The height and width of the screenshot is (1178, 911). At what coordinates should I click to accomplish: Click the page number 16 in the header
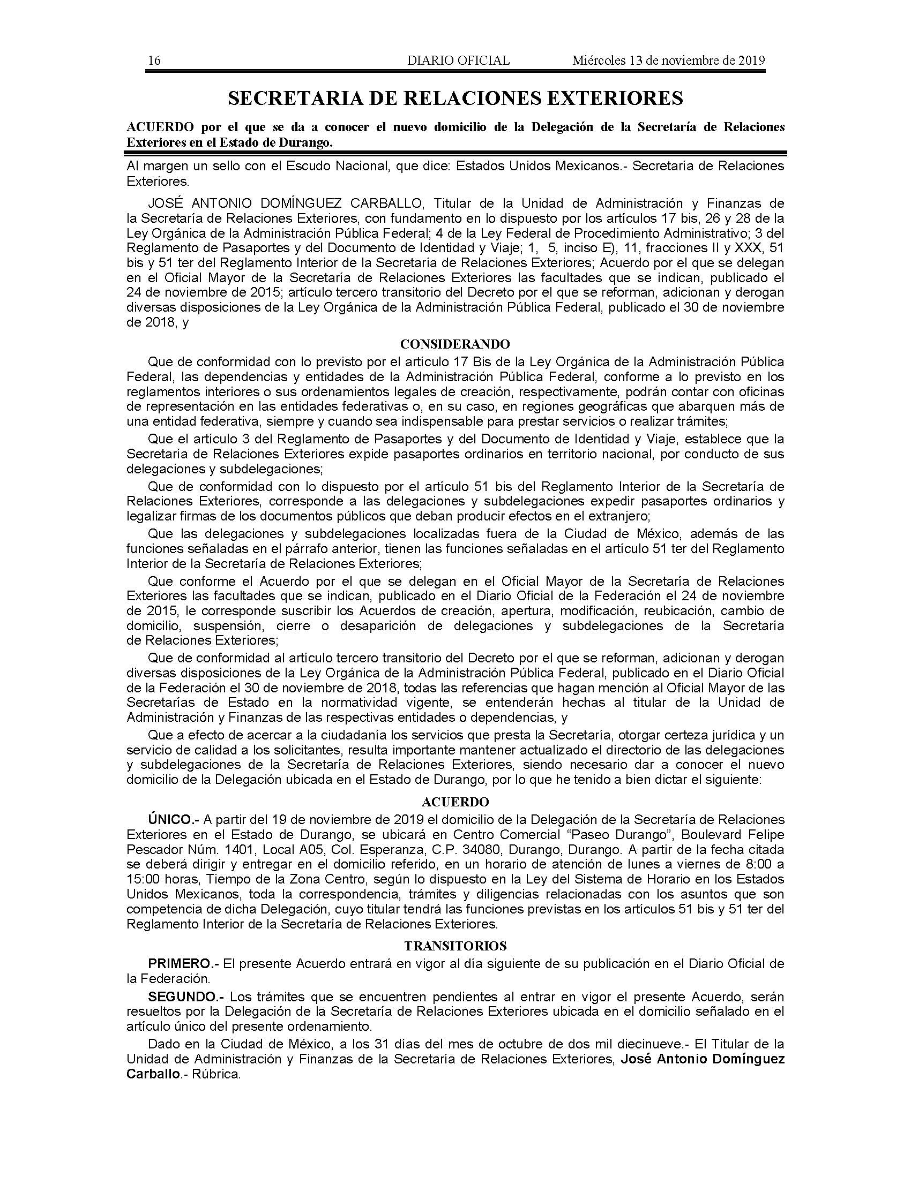coord(154,61)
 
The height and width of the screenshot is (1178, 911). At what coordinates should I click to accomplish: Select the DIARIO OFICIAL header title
coord(458,61)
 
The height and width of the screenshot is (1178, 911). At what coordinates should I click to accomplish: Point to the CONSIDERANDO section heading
coord(455,344)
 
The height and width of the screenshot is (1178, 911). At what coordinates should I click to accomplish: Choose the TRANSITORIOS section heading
coord(455,946)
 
